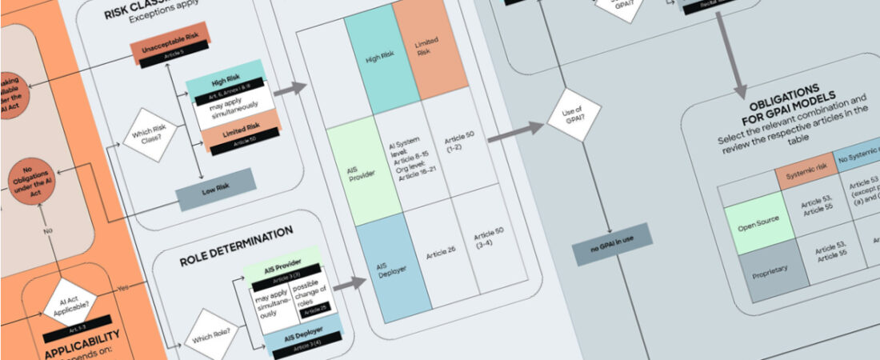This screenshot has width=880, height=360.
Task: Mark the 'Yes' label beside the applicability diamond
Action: (122, 288)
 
